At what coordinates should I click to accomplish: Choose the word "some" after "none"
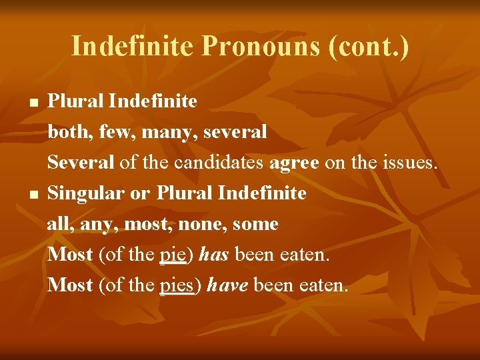coord(255,224)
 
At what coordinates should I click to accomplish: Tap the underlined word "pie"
coord(175,255)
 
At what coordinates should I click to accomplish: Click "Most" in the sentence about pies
coord(70,285)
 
